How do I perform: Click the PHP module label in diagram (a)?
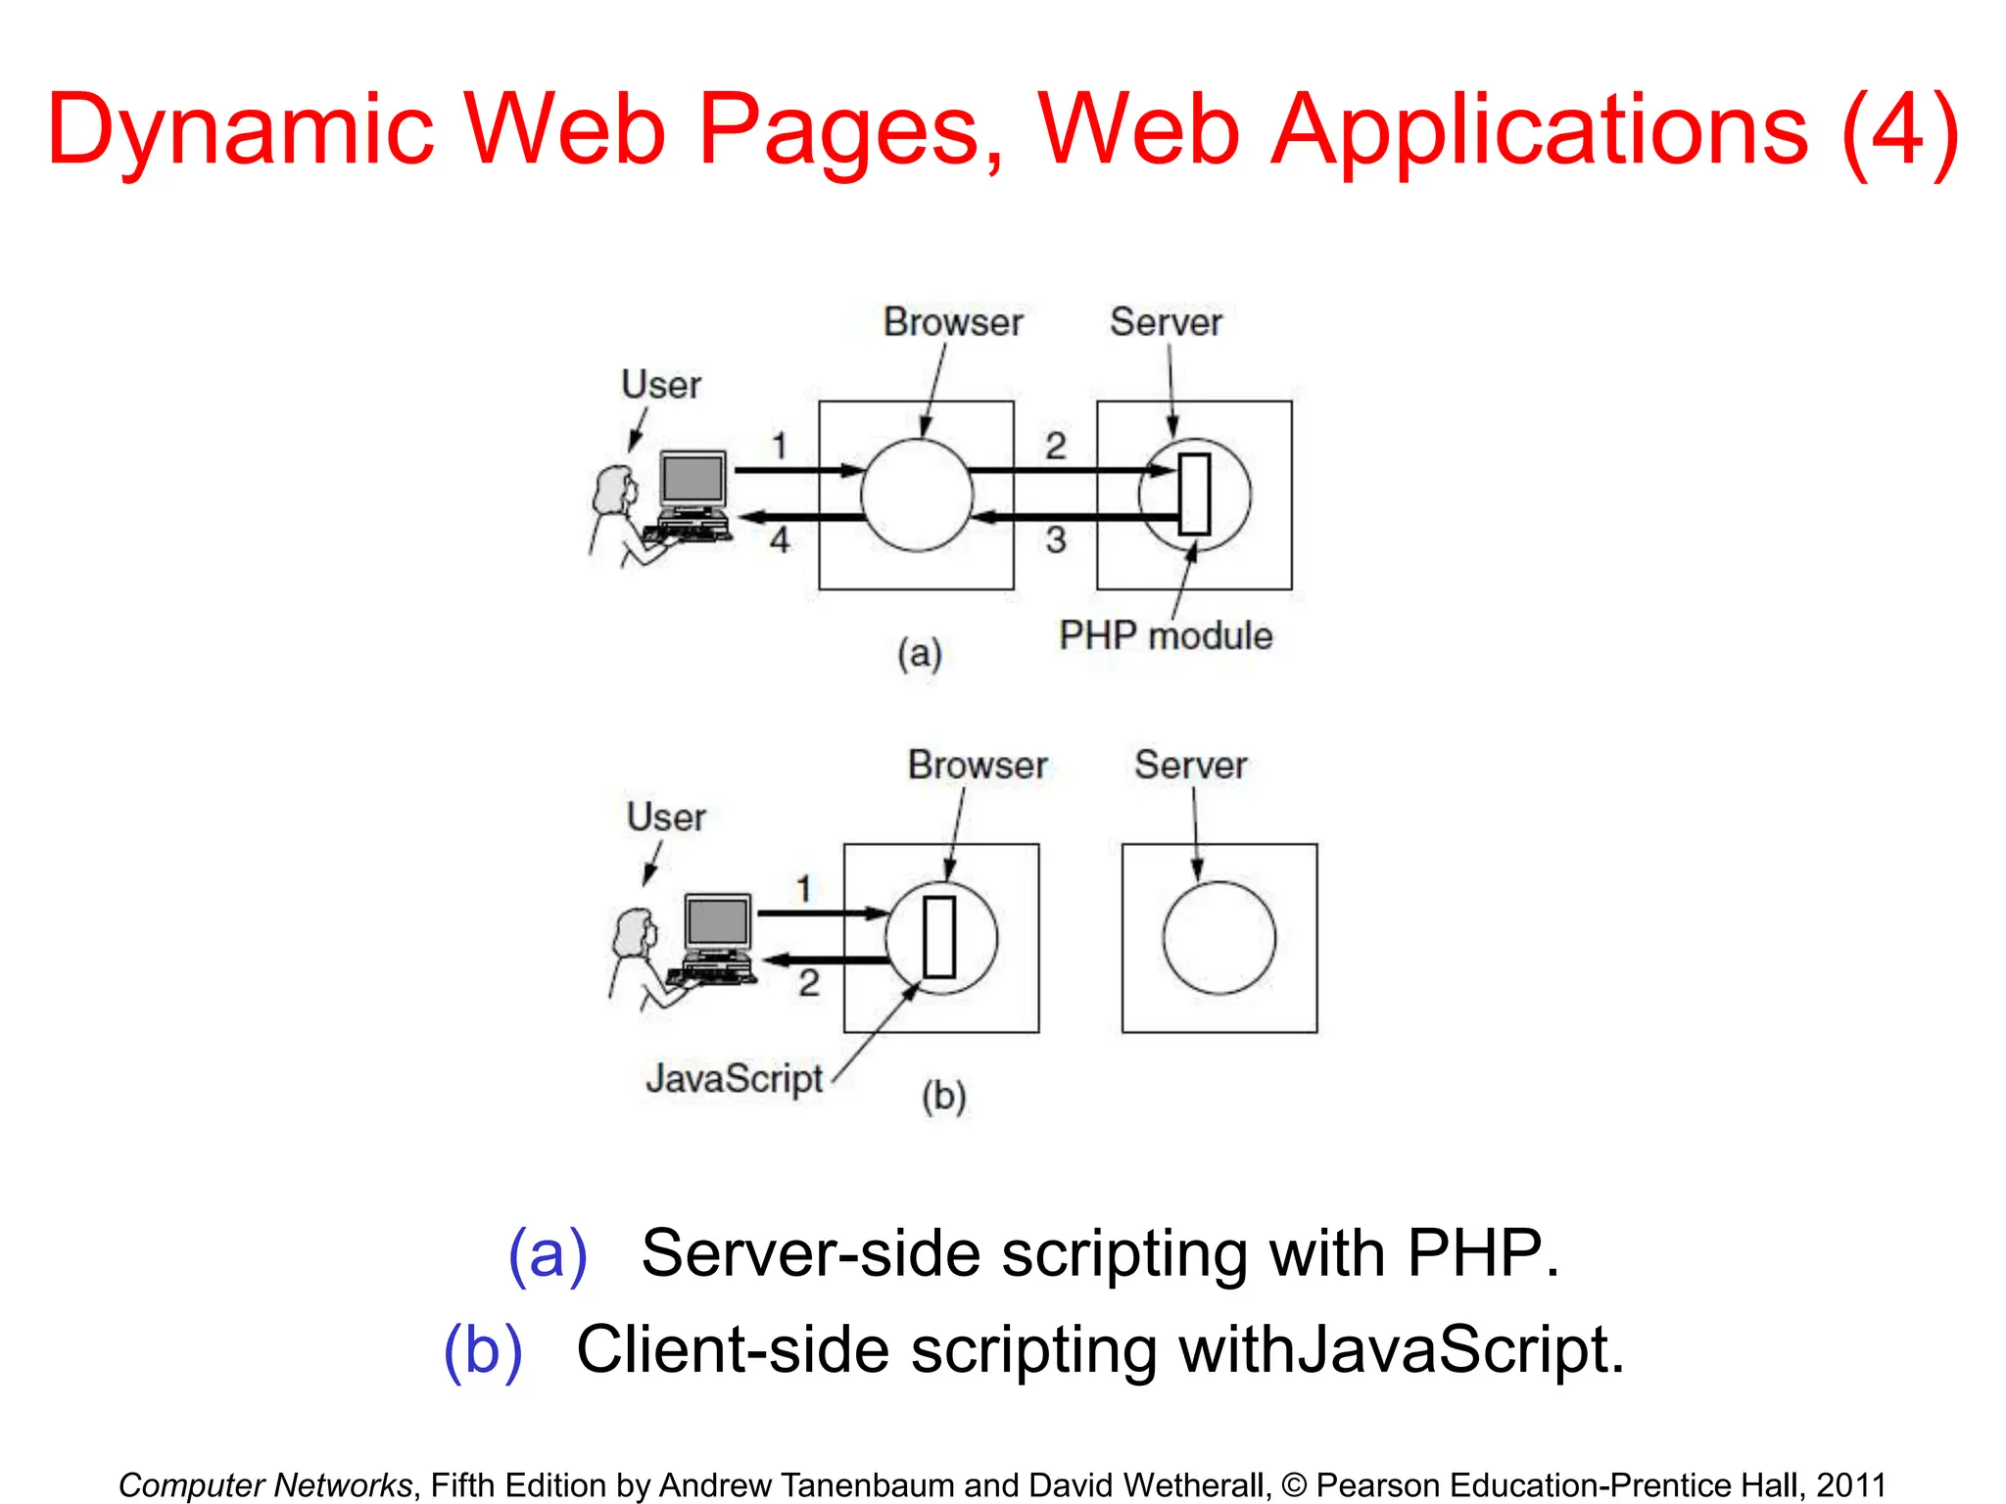click(1165, 636)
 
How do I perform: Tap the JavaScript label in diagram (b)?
click(734, 1079)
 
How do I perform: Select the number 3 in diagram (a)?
click(1055, 540)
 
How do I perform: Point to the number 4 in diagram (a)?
click(779, 540)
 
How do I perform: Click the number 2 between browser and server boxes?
click(1055, 446)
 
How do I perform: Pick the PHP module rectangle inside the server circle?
click(1194, 494)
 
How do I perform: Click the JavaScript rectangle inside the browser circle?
click(939, 937)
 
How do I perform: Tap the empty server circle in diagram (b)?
click(1218, 937)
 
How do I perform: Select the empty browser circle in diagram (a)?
click(916, 494)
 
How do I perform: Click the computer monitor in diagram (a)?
click(693, 480)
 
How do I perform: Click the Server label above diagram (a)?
click(1166, 323)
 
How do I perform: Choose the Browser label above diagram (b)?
click(978, 766)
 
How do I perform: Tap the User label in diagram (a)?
click(661, 385)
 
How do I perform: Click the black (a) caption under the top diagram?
click(919, 653)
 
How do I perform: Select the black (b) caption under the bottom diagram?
click(943, 1096)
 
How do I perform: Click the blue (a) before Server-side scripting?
click(548, 1253)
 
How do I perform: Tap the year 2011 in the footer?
click(1850, 1485)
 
